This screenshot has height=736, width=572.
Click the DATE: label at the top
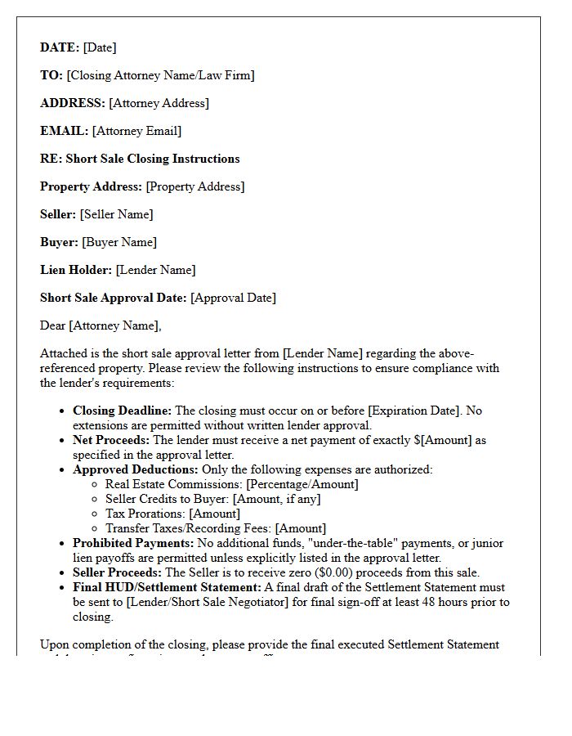pyautogui.click(x=60, y=47)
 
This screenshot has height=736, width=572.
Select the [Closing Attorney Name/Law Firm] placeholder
pyautogui.click(x=160, y=75)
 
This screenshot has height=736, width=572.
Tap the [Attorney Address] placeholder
pyautogui.click(x=159, y=103)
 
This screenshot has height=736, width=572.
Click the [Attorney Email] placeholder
pyautogui.click(x=136, y=131)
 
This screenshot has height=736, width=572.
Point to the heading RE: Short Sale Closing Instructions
pyautogui.click(x=140, y=159)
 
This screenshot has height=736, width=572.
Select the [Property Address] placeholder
pyautogui.click(x=194, y=186)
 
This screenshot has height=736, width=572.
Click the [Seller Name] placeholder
pyautogui.click(x=116, y=214)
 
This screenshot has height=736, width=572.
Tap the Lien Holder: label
pyautogui.click(x=76, y=270)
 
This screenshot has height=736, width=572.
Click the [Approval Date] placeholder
pyautogui.click(x=233, y=298)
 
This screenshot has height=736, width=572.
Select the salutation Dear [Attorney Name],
pyautogui.click(x=101, y=325)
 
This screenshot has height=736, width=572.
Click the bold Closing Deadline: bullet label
pyautogui.click(x=122, y=411)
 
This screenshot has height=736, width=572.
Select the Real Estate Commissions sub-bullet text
pyautogui.click(x=231, y=484)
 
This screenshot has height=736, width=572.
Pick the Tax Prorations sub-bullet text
pyautogui.click(x=172, y=514)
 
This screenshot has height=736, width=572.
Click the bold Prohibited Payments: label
pyautogui.click(x=133, y=543)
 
